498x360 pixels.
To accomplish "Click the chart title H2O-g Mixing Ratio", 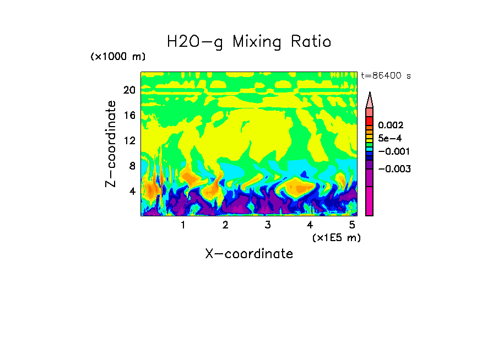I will [249, 41].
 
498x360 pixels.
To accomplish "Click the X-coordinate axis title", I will [249, 254].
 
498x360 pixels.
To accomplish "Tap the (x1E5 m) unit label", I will [336, 237].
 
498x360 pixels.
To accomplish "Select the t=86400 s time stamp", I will [386, 76].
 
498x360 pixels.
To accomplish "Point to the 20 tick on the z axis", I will [129, 90].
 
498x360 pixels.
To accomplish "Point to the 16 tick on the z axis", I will [129, 116].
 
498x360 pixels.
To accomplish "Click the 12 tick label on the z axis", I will [129, 141].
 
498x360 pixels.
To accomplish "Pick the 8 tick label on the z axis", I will [132, 166].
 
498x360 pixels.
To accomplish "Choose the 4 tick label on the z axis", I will [132, 191].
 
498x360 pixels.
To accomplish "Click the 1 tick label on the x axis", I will [183, 225].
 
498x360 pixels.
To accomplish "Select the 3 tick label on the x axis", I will [267, 225].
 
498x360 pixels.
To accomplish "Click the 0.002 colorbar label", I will [390, 126].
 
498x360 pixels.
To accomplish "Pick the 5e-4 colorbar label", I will [389, 139].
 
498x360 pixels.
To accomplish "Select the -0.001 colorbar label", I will [393, 151].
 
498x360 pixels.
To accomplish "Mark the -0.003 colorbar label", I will [393, 169].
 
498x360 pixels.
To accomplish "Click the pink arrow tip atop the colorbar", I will [369, 100].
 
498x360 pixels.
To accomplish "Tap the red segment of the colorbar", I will [369, 121].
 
